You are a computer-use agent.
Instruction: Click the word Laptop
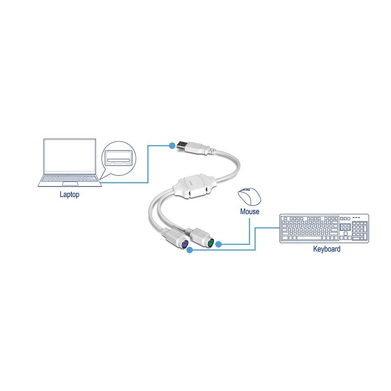tap(70, 195)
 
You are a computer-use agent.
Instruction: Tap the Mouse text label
tap(249, 212)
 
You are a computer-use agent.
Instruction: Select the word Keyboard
tap(327, 249)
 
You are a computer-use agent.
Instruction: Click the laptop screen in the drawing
tap(70, 156)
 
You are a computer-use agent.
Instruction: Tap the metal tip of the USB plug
tap(182, 145)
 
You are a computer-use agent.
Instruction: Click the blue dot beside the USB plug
tap(172, 145)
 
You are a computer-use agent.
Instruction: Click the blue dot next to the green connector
tap(219, 245)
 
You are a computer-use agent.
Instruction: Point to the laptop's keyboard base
tap(70, 181)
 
